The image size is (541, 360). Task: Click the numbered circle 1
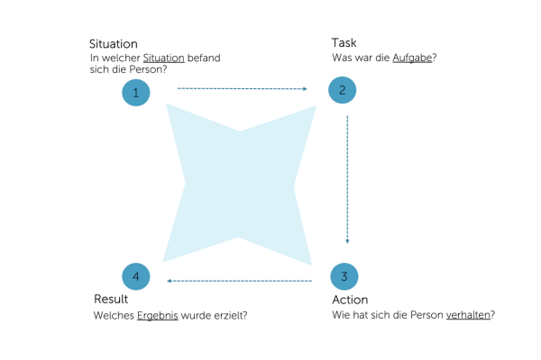click(136, 93)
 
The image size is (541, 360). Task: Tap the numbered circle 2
click(343, 90)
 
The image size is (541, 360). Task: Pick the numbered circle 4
click(136, 275)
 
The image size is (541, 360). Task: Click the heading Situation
click(114, 43)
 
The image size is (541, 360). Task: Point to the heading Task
click(344, 42)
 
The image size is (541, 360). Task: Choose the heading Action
click(350, 299)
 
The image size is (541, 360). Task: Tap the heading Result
click(111, 299)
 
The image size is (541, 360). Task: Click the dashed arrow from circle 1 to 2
click(242, 89)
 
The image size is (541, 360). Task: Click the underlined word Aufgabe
click(413, 58)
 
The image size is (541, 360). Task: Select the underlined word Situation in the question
click(163, 58)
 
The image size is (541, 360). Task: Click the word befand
click(204, 58)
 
